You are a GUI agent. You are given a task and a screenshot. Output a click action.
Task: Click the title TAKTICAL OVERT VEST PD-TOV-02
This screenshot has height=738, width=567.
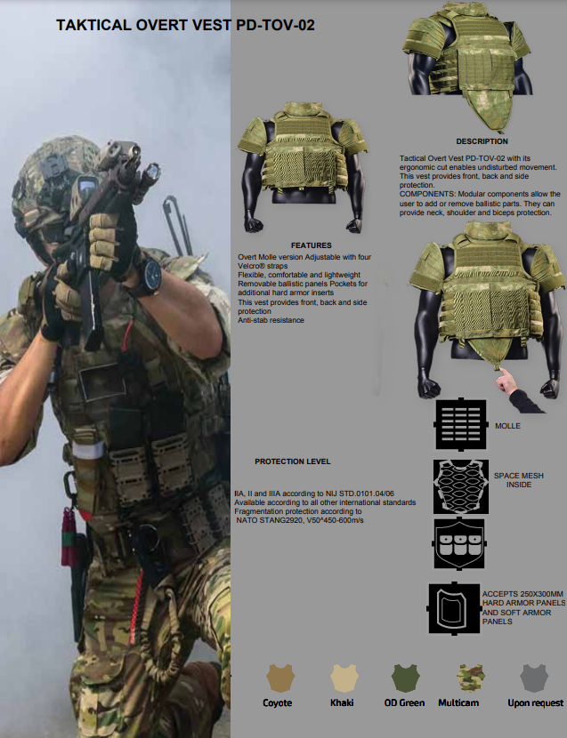tap(185, 25)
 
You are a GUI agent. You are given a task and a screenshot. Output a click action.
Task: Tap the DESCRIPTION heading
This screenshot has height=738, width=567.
tap(482, 141)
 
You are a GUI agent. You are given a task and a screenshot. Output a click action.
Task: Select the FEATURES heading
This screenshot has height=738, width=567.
tap(311, 245)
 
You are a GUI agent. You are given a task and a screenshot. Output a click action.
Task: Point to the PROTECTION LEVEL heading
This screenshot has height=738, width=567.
tap(293, 461)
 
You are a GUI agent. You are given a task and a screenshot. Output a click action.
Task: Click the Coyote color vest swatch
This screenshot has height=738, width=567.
tap(280, 678)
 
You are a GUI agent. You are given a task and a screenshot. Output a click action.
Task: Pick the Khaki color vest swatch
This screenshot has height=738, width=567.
tap(344, 678)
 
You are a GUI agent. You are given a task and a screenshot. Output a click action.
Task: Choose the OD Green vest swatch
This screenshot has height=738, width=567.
tap(405, 678)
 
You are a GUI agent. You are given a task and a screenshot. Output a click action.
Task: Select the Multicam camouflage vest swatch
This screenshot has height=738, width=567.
tap(471, 678)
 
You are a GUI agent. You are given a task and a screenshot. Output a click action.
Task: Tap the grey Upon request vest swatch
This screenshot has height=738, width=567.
tap(534, 678)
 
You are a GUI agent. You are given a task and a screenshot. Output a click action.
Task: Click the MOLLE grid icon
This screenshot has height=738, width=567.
tap(460, 424)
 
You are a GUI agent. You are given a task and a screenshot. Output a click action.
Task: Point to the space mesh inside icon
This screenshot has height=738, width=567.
tap(460, 486)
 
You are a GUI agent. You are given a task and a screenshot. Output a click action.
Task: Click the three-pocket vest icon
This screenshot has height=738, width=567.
tap(459, 544)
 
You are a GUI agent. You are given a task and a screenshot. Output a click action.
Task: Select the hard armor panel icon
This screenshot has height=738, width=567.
tap(453, 608)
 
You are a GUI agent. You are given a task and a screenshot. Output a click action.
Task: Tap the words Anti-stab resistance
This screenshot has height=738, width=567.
tap(271, 320)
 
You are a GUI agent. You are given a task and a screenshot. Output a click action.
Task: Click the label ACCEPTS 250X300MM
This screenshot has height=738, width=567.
tap(522, 594)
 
